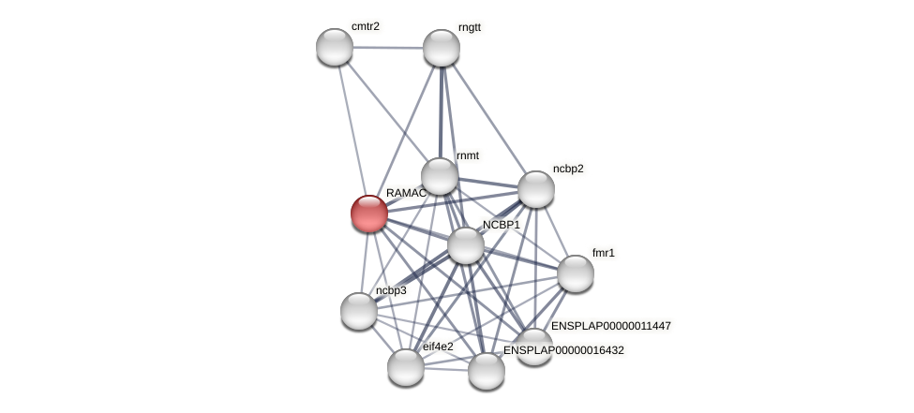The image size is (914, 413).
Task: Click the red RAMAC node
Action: click(x=369, y=214)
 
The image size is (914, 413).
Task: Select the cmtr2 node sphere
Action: click(x=335, y=47)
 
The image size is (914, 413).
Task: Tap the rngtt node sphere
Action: click(x=442, y=48)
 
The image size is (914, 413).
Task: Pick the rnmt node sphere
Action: click(x=439, y=176)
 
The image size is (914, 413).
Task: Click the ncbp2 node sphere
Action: click(x=536, y=189)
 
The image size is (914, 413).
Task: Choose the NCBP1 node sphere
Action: click(x=466, y=245)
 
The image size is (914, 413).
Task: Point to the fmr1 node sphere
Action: click(x=576, y=273)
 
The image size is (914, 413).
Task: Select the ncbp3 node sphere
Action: click(x=359, y=311)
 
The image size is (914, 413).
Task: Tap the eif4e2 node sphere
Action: click(x=406, y=367)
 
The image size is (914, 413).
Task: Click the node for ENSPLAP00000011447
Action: click(x=534, y=346)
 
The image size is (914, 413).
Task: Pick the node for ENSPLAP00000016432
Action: click(x=487, y=371)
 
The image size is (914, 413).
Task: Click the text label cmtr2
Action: click(x=366, y=26)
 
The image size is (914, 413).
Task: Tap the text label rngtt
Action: click(x=470, y=27)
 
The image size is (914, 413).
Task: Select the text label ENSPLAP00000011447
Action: click(x=611, y=326)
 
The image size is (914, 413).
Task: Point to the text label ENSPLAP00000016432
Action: click(x=563, y=350)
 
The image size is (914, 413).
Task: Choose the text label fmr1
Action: click(x=604, y=253)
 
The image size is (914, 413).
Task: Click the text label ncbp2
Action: click(x=568, y=169)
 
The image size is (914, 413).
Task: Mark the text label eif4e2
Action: click(x=438, y=347)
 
